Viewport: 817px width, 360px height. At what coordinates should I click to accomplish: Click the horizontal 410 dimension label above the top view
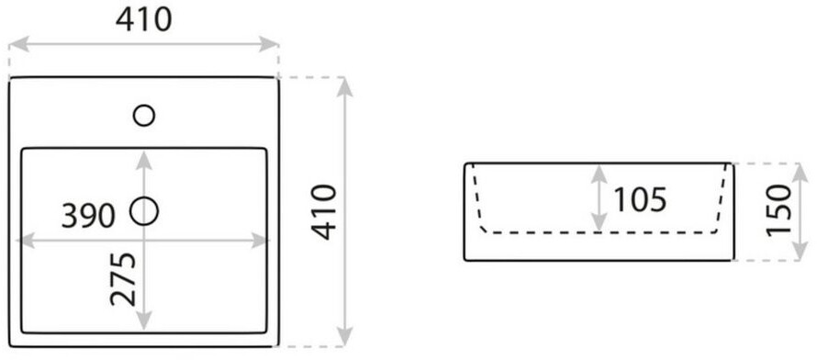(x=143, y=20)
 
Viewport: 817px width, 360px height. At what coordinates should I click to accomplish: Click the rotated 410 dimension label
(x=325, y=212)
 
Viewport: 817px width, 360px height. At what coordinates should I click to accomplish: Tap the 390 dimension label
(x=88, y=216)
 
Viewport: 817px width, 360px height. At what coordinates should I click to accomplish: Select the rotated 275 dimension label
(x=124, y=279)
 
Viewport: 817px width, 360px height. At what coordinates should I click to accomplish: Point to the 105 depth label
(x=640, y=199)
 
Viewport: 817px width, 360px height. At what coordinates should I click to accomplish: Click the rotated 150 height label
(x=779, y=210)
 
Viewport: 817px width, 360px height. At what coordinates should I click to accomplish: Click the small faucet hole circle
(x=144, y=115)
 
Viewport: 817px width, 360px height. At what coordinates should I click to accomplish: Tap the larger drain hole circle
(x=144, y=211)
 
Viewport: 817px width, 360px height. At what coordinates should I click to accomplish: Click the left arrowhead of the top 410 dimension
(x=18, y=44)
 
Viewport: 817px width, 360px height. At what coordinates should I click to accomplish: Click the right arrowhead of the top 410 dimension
(x=268, y=44)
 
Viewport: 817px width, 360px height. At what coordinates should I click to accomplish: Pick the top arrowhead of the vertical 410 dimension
(x=345, y=87)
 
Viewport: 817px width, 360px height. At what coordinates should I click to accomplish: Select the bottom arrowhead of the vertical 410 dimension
(x=345, y=336)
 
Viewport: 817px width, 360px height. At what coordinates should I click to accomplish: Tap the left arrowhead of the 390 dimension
(x=26, y=241)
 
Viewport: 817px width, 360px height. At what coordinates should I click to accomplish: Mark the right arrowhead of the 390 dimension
(x=261, y=241)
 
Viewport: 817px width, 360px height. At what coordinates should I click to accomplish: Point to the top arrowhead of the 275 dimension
(x=144, y=160)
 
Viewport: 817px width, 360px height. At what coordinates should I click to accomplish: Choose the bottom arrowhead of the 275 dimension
(x=144, y=320)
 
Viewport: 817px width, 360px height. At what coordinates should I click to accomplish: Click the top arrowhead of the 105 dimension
(x=599, y=174)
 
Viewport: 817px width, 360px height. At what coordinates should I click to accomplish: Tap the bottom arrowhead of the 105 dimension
(x=599, y=221)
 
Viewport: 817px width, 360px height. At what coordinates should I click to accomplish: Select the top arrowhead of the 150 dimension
(x=800, y=173)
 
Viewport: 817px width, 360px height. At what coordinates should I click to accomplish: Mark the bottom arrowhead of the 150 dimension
(x=800, y=251)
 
